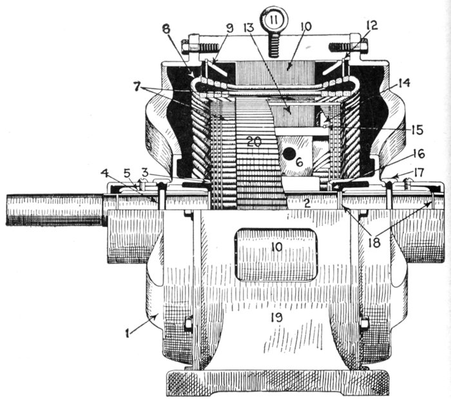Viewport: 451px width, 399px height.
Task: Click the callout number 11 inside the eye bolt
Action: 274,20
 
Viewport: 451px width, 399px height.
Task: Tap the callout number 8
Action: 166,29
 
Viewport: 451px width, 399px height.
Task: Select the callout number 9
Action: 229,28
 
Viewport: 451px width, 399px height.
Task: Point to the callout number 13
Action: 249,27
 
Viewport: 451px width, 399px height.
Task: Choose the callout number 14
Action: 403,83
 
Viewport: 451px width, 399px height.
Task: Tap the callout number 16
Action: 419,154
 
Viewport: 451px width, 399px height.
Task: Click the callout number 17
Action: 419,173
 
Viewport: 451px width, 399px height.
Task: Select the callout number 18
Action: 374,242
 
